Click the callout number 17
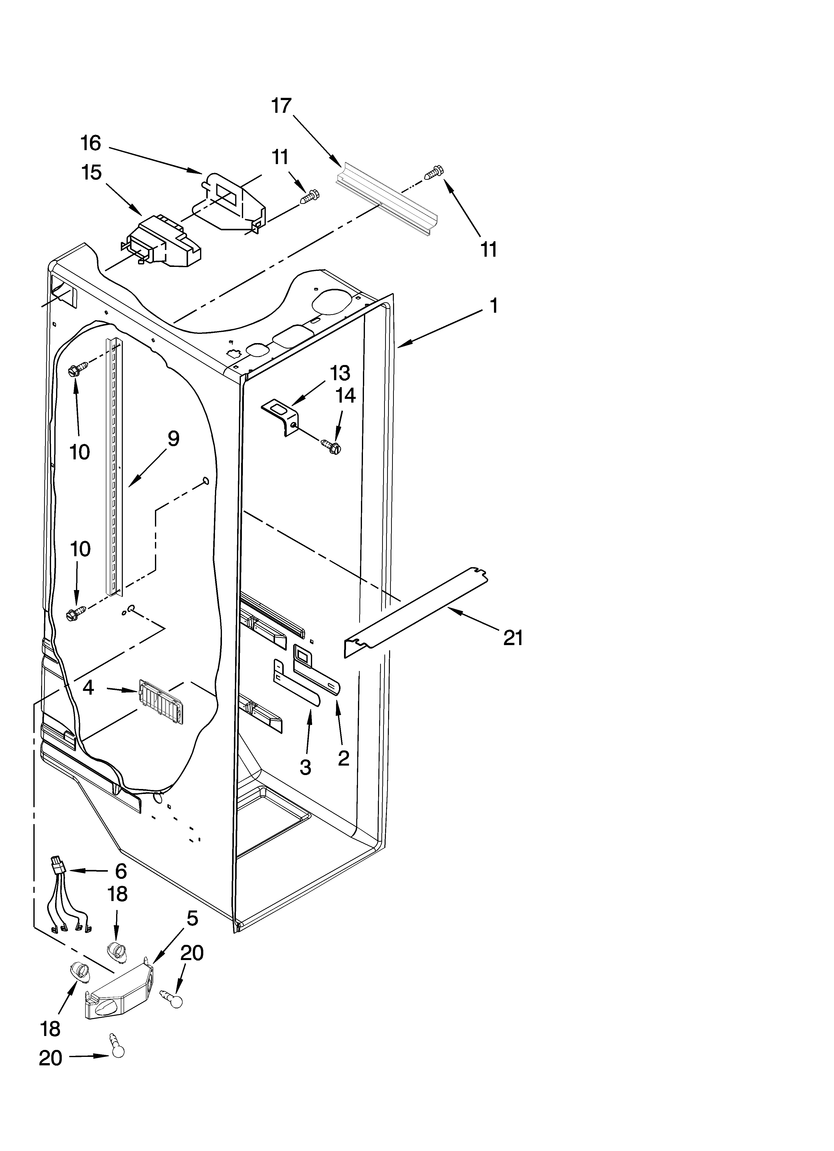[281, 106]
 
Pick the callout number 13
[340, 373]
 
